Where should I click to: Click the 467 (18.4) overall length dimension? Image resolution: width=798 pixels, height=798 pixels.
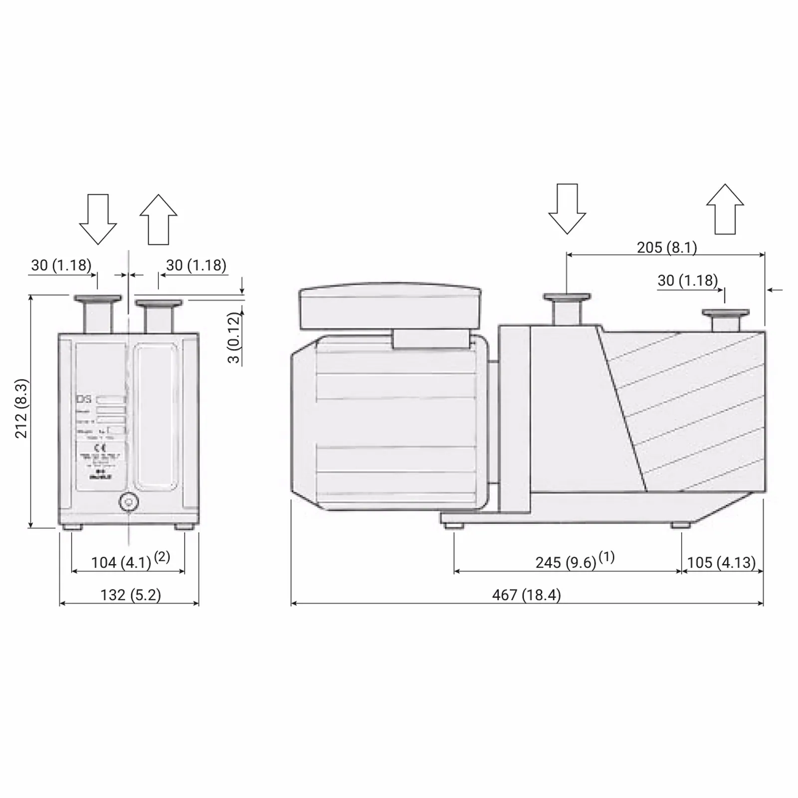tap(526, 595)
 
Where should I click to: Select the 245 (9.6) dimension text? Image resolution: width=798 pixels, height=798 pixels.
tap(566, 563)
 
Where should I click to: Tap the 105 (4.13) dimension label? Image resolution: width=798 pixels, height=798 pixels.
tap(721, 563)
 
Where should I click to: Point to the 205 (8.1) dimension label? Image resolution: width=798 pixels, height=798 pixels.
tap(667, 247)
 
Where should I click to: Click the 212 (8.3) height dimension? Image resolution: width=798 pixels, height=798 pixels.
tap(21, 408)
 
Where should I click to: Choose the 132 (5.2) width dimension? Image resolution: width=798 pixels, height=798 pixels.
tap(131, 595)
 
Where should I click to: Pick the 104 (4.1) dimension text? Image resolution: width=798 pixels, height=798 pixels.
tap(121, 563)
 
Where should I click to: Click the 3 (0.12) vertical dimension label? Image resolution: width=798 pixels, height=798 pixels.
tap(234, 338)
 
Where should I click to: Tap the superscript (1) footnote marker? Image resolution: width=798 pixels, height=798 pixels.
tap(606, 557)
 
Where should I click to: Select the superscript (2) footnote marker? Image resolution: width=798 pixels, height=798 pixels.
tap(162, 557)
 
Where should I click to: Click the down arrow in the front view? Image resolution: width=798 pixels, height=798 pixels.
tap(98, 219)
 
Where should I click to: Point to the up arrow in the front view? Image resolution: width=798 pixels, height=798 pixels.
tap(159, 219)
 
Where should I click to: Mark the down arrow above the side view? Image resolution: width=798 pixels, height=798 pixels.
tap(567, 208)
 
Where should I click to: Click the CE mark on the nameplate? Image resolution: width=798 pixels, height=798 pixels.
tap(100, 448)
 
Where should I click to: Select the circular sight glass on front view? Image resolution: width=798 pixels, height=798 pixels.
tap(129, 502)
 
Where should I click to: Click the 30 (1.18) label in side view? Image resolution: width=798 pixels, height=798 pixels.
tap(687, 280)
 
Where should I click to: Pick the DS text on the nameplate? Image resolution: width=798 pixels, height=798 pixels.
tap(84, 399)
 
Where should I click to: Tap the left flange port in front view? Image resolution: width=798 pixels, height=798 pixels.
tap(98, 314)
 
